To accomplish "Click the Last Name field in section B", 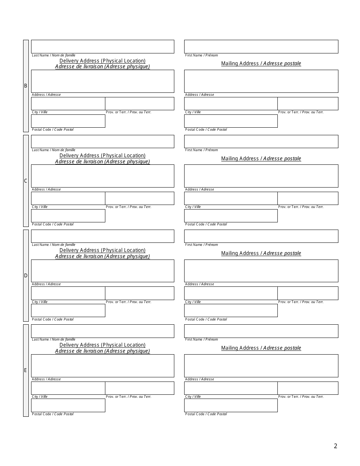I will [102, 47].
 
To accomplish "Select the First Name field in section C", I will [261, 141].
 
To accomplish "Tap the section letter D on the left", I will [26, 275].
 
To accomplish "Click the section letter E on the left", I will [26, 370].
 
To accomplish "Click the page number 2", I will [335, 446].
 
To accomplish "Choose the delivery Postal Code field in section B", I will [68, 121].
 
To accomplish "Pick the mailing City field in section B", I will [231, 103].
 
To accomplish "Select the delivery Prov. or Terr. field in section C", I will [139, 198].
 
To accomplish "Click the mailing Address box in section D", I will [261, 271].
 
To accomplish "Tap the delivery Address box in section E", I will [102, 366].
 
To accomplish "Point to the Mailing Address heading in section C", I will [261, 158].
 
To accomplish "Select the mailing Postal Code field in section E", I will [231, 405].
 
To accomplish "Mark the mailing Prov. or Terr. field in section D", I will [308, 293].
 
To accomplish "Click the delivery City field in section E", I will [68, 388].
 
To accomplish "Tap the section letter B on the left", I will [26, 86].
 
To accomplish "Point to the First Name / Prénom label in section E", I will [201, 339].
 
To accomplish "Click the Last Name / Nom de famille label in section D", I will [53, 245].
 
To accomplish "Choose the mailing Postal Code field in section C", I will [231, 216].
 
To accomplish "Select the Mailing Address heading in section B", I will [261, 63].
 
